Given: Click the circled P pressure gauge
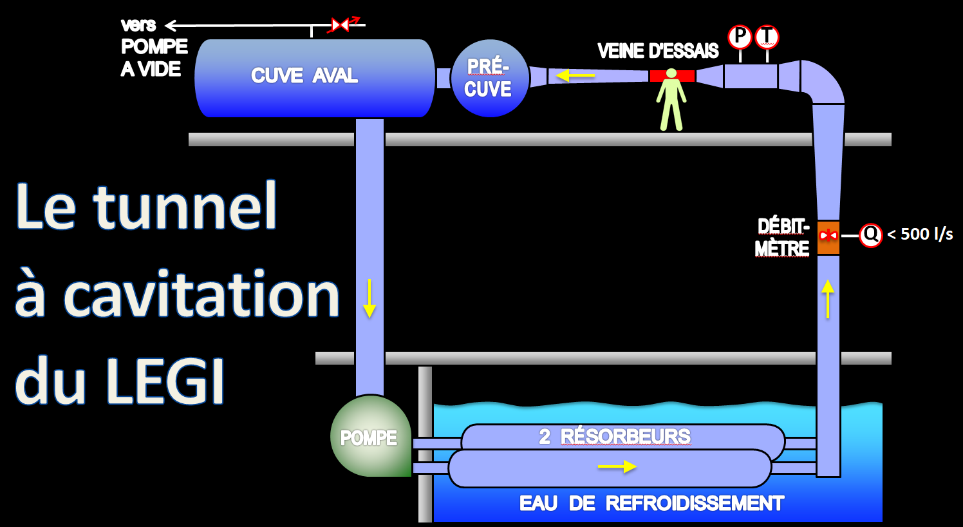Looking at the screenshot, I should click(x=740, y=37).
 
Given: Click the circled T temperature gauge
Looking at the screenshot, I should click(x=767, y=37).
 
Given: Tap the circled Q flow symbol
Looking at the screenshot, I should click(x=871, y=235).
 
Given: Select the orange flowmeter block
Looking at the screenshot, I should click(x=828, y=237).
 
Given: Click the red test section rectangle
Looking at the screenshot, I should click(x=671, y=76).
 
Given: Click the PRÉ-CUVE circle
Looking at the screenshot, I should click(x=490, y=78).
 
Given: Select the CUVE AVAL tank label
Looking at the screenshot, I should click(x=304, y=76).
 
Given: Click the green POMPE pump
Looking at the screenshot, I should click(x=369, y=437).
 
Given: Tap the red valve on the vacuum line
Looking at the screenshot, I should click(x=340, y=25).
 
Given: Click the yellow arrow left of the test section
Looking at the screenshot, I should click(x=575, y=76).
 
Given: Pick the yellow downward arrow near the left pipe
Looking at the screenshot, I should click(x=369, y=298).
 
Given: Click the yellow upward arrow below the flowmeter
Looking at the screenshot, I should click(x=828, y=298).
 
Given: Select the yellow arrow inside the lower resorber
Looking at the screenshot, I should click(x=617, y=466).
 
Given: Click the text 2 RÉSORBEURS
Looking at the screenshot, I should click(x=615, y=437).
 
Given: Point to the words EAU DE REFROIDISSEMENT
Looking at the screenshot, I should click(x=651, y=503).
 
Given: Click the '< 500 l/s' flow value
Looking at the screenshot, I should click(x=920, y=235).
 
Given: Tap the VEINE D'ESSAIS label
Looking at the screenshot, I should click(x=658, y=51).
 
